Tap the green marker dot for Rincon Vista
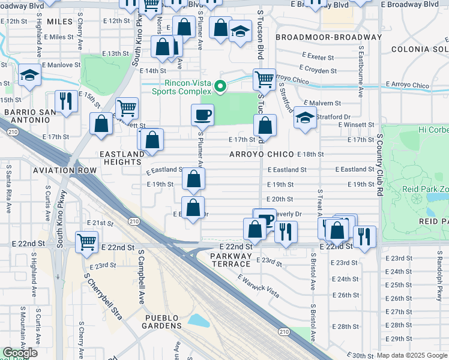220,87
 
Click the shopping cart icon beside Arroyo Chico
264,79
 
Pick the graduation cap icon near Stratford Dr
305,118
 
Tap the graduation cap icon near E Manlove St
29,75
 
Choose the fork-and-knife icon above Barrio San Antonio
65,100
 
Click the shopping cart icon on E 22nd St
87,242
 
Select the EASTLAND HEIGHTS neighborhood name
122,158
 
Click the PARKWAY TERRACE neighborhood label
231,260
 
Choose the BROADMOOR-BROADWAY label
328,37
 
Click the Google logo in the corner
20,353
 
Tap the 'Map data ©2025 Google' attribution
412,355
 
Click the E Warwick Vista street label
258,286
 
